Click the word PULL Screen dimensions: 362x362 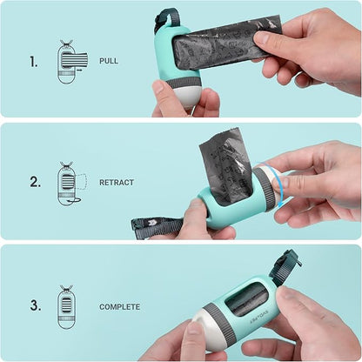tap(109, 61)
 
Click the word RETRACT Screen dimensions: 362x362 tap(117, 183)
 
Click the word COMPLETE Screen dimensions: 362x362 tap(119, 307)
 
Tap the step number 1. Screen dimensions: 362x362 tap(34, 62)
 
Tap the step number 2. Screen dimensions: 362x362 tap(36, 182)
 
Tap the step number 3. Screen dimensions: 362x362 tap(36, 305)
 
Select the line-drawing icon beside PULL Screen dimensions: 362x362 tap(71, 62)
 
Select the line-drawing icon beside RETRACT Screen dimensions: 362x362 tap(71, 184)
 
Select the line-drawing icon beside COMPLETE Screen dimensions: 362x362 tap(67, 307)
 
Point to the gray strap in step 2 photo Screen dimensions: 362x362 tap(158, 225)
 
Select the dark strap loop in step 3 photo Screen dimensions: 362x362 tap(285, 266)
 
